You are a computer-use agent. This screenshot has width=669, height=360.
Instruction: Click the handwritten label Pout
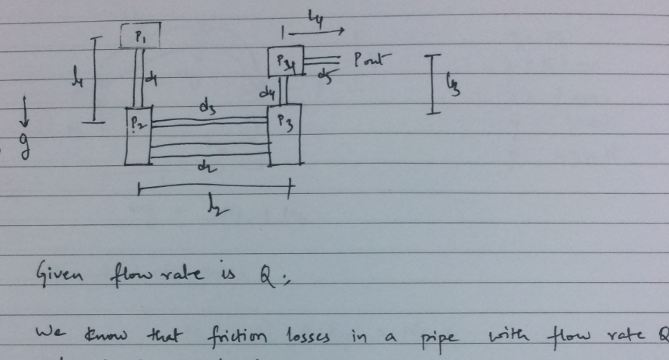(372, 58)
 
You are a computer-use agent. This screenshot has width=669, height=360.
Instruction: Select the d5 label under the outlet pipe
(325, 75)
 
